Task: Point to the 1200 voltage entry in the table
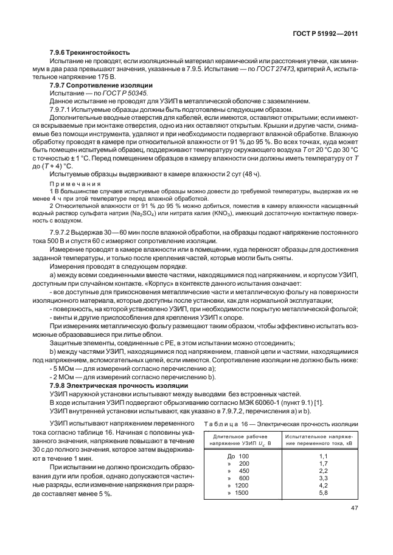(241, 484)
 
